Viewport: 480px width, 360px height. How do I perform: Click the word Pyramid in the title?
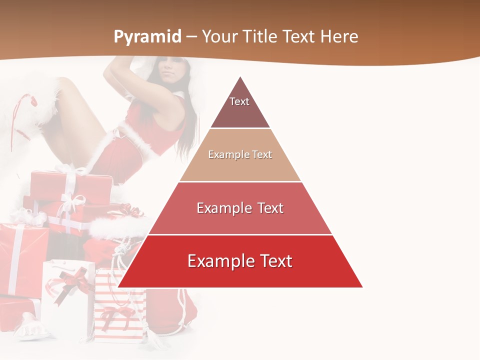[x=147, y=37]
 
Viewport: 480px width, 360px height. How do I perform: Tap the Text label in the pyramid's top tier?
[x=239, y=101]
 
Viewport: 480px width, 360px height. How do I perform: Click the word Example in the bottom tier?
[x=220, y=261]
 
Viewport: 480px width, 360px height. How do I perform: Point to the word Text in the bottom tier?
[x=275, y=261]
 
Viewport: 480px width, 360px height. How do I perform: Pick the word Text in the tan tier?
[x=262, y=154]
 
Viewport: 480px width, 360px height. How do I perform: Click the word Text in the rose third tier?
[x=269, y=208]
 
